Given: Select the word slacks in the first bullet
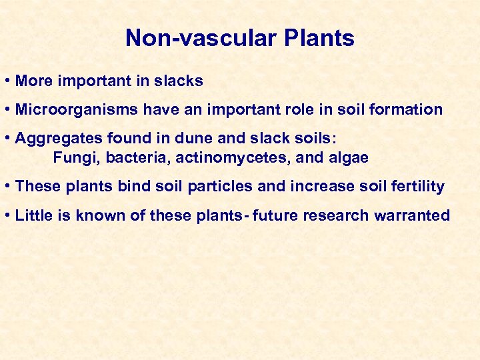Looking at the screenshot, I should (178, 81).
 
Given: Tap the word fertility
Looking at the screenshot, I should (416, 187).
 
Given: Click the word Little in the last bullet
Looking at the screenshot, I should (31, 215).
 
